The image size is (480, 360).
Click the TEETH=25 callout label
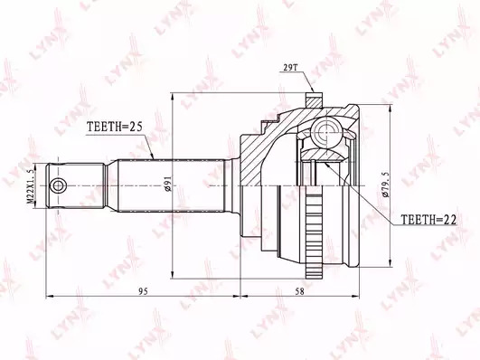[x=115, y=127]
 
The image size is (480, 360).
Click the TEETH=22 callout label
[x=428, y=220]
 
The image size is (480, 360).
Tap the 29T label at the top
[x=289, y=68]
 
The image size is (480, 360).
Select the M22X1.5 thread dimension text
[x=31, y=186]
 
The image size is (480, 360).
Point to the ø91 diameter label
[x=167, y=184]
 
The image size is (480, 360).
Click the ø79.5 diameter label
[x=386, y=185]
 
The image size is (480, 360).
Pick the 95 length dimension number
[x=143, y=291]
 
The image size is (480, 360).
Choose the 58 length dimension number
[x=300, y=291]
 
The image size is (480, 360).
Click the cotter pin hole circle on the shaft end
[x=58, y=185]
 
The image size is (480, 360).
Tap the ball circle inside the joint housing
[x=327, y=132]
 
